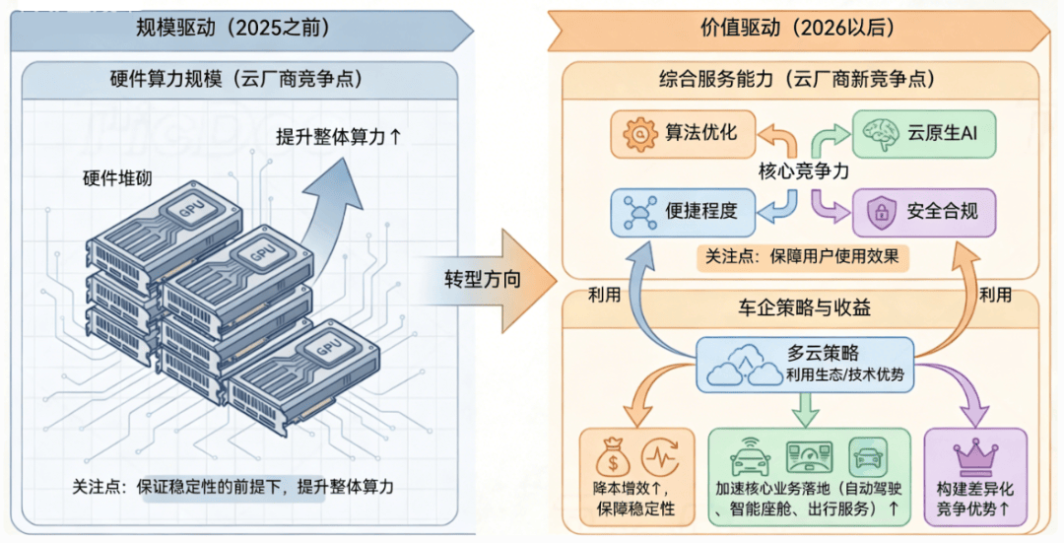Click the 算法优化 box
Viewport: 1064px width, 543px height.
coord(681,133)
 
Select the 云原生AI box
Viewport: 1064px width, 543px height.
coord(922,132)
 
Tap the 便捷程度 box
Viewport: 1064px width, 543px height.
coord(681,211)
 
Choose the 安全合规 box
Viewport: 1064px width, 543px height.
coord(923,211)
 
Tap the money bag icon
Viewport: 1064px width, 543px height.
coord(608,457)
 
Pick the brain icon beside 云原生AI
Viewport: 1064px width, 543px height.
coord(874,132)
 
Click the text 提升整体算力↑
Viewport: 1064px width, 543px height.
coord(339,137)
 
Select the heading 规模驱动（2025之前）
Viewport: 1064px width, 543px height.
coord(233,27)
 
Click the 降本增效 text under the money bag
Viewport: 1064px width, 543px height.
coord(634,498)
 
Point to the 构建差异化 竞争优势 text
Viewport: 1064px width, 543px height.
coord(973,498)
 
